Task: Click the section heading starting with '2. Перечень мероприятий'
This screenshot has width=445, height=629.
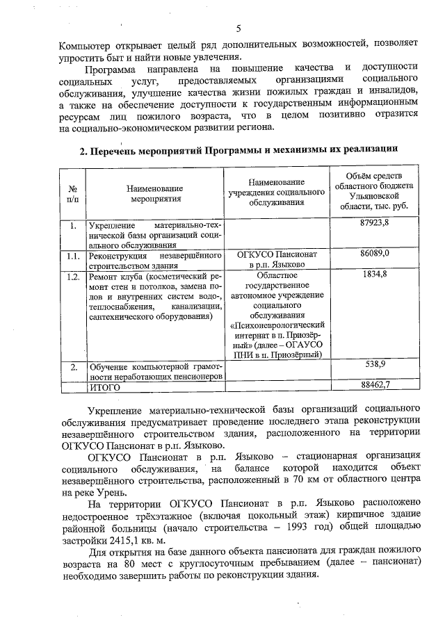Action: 238,148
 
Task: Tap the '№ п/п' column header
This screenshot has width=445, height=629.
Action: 72,193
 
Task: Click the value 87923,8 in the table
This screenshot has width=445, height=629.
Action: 374,225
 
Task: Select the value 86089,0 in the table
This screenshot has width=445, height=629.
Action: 374,254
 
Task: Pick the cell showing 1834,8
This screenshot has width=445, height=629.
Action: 374,276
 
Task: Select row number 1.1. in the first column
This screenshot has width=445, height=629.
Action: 72,255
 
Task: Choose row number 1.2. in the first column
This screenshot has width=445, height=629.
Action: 72,277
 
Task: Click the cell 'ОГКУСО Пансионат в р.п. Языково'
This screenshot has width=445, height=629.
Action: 277,260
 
